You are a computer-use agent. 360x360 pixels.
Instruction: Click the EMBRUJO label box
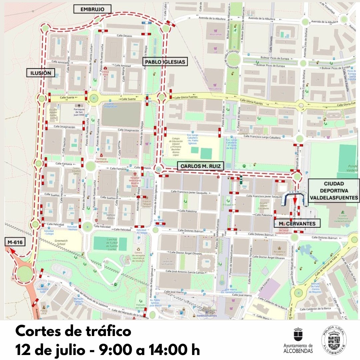point(92,9)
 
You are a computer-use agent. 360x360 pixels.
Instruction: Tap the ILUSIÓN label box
point(41,73)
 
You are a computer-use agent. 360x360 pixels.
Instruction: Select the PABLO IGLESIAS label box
point(165,61)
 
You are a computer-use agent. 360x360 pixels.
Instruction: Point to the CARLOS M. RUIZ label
point(200,166)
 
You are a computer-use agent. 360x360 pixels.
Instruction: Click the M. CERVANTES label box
point(297,223)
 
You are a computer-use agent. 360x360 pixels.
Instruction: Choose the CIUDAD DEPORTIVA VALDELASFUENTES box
point(334,191)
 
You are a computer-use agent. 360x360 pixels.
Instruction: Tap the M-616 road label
point(15,242)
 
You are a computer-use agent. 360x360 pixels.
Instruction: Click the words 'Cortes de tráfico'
point(73,332)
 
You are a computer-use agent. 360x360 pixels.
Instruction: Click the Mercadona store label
point(215,88)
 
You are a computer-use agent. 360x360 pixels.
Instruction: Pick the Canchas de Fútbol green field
point(110,244)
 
